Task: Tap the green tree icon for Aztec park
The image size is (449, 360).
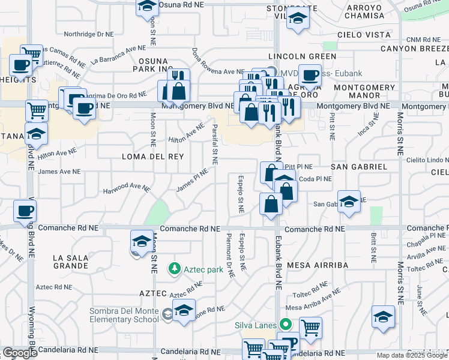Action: point(175,268)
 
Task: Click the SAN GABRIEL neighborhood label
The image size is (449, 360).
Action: point(359,166)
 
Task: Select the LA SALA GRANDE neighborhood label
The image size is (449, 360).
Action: point(71,263)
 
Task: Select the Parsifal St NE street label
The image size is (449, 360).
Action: point(215,144)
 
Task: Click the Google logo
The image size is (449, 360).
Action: point(20,353)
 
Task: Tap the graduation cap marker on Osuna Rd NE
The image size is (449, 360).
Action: point(146,7)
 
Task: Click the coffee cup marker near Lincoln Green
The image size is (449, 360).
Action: point(310,76)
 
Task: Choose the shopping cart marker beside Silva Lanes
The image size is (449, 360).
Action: point(310,327)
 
